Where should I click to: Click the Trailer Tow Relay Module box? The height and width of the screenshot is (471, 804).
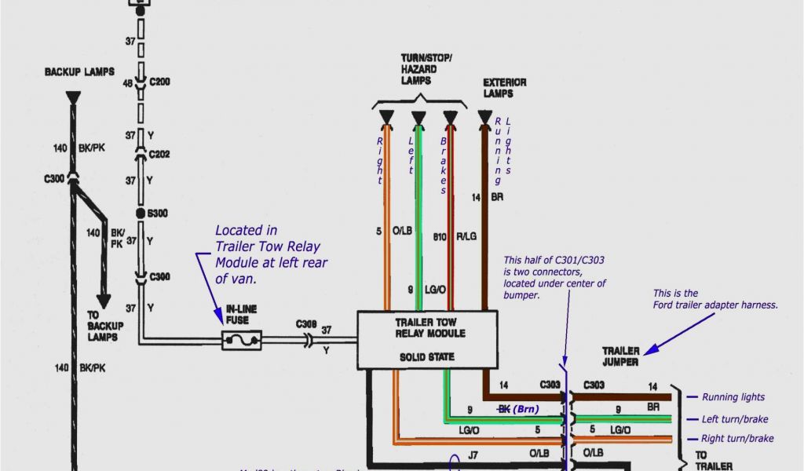point(427,339)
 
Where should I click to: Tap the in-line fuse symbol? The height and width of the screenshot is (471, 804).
point(242,340)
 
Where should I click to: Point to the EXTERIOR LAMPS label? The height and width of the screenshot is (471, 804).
point(504,88)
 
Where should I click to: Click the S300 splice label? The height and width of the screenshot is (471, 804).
point(159,213)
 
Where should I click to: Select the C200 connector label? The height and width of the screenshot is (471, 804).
point(159,82)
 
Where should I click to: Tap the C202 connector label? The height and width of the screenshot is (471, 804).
point(159,154)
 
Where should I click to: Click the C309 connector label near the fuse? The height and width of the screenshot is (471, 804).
point(306,323)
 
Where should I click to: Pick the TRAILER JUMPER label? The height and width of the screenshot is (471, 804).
point(620,356)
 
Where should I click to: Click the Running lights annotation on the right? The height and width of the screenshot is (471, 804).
point(733,397)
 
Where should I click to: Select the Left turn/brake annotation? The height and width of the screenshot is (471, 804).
point(735,419)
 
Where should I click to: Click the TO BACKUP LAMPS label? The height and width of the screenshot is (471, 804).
point(102,326)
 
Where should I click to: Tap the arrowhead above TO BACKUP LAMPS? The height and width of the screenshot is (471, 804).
point(103,301)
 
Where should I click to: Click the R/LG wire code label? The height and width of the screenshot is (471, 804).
point(466,235)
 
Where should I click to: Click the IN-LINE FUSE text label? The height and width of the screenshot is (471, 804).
point(242,315)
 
